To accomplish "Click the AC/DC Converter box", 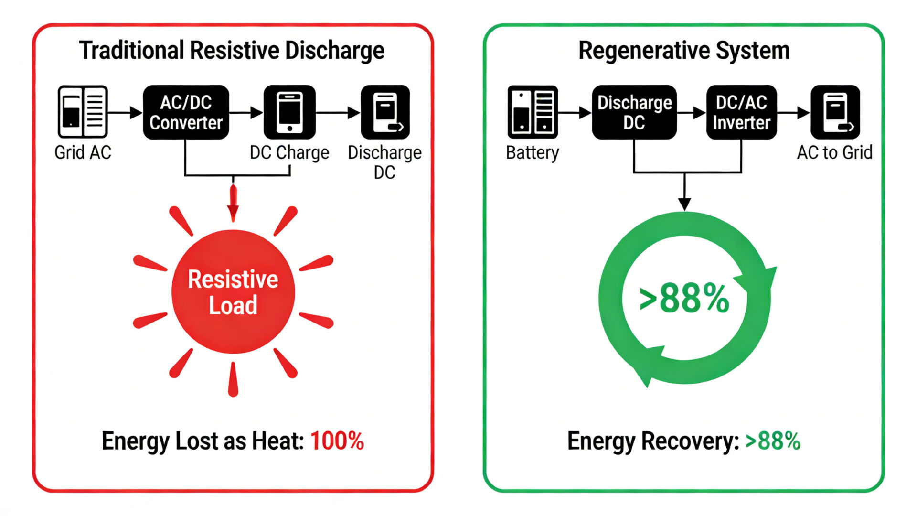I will click(x=186, y=113).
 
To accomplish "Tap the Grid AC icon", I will click(x=83, y=112).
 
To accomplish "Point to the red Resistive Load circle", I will click(x=233, y=291).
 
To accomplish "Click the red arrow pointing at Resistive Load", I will click(x=233, y=203).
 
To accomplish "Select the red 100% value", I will click(x=337, y=441).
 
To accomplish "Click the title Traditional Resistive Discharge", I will click(x=232, y=51).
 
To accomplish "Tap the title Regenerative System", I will click(x=684, y=51).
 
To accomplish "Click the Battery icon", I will click(x=533, y=112).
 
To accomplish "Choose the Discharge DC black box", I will click(x=634, y=113).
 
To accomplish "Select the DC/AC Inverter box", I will click(x=741, y=113).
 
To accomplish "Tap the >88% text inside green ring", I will click(x=684, y=298).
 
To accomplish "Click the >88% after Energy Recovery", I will click(x=772, y=441).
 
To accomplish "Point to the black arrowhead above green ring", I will click(x=684, y=204).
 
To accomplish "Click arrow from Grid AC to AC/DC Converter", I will click(x=125, y=113).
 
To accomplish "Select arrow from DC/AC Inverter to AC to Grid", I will click(x=794, y=113).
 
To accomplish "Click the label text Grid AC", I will click(x=83, y=152).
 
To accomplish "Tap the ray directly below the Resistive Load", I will click(x=233, y=380).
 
